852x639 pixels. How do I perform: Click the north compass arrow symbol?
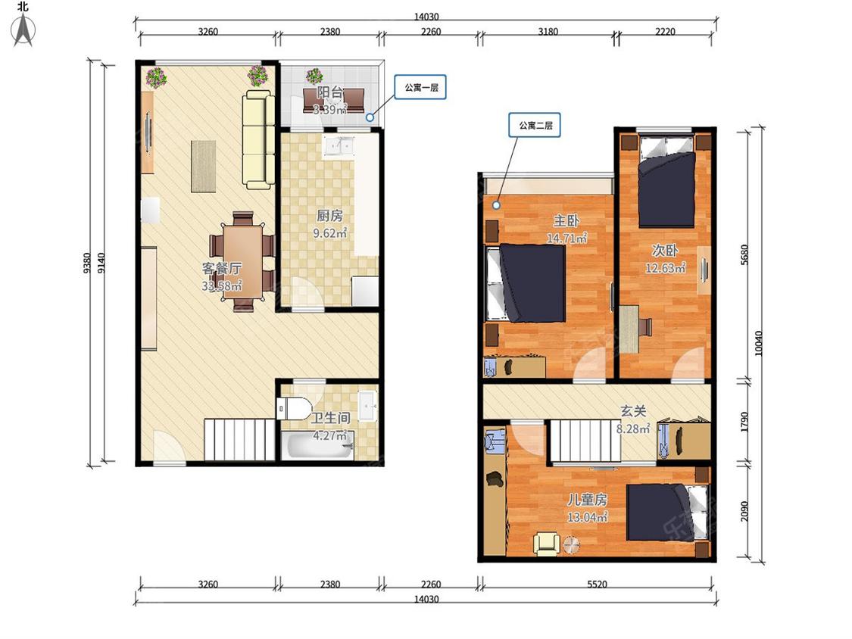[x=23, y=30]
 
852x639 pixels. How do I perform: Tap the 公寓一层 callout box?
[x=421, y=87]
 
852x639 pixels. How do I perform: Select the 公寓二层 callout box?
[x=535, y=125]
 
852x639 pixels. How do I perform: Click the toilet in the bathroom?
[x=293, y=409]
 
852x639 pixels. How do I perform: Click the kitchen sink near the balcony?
[x=338, y=146]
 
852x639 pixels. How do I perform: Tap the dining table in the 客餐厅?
[x=242, y=261]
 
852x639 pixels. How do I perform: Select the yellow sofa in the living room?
[x=258, y=140]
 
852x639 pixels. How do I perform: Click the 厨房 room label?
[x=330, y=216]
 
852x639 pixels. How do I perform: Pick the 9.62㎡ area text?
[x=330, y=233]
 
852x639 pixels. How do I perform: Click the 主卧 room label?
[x=566, y=220]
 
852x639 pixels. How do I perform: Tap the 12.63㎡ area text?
[x=665, y=268]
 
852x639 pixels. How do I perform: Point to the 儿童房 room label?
[x=587, y=500]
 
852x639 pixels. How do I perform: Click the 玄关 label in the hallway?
[x=634, y=411]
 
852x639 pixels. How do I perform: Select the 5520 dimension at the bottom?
[x=597, y=584]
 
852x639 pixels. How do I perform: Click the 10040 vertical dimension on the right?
[x=759, y=344]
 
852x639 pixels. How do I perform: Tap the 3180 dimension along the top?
[x=548, y=32]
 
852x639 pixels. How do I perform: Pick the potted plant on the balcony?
[x=314, y=76]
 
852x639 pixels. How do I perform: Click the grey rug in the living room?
[x=204, y=167]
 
